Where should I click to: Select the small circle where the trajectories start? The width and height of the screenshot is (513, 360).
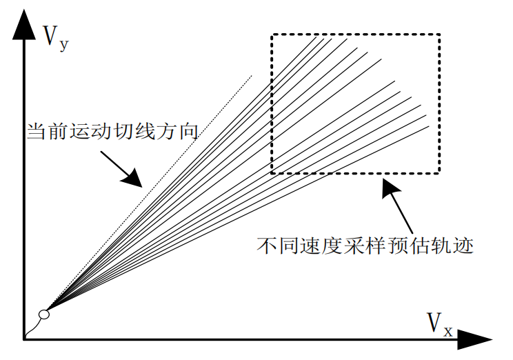pos(44,314)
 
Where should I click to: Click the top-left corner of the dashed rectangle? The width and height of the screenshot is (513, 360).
pos(272,34)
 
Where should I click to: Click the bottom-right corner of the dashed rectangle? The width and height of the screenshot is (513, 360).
pos(439,172)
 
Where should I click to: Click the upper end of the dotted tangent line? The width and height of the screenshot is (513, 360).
pos(252,76)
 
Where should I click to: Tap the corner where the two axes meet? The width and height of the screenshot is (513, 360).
pos(25,338)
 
